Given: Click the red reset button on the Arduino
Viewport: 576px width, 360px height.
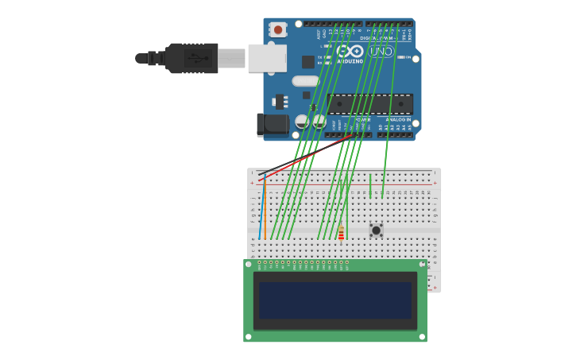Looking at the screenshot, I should [277, 29].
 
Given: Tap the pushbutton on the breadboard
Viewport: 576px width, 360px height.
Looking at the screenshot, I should [376, 230].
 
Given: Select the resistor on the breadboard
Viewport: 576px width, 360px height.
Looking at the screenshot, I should [341, 232].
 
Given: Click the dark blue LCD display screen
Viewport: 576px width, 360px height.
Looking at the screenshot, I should [334, 300].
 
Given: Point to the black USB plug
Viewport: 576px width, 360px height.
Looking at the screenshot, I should [191, 58].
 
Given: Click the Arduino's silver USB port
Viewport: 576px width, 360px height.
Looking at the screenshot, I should [266, 58].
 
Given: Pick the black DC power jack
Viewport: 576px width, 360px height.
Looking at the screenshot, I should [273, 124].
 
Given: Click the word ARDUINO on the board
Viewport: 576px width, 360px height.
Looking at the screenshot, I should [350, 60].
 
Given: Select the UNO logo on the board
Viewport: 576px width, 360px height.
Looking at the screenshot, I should [381, 51].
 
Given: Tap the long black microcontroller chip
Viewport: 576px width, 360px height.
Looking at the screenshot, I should [369, 103].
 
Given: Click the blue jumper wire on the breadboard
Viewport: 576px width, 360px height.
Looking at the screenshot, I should [260, 211].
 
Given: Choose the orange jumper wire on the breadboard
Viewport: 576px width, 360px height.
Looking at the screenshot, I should [265, 211].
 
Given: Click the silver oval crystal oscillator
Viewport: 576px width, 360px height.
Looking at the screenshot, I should [305, 81].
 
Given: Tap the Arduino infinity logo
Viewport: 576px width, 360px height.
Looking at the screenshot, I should [350, 51].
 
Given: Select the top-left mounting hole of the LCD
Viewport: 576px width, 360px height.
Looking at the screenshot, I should [249, 264].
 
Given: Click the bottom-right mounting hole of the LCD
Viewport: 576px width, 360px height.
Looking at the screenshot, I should [422, 336].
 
